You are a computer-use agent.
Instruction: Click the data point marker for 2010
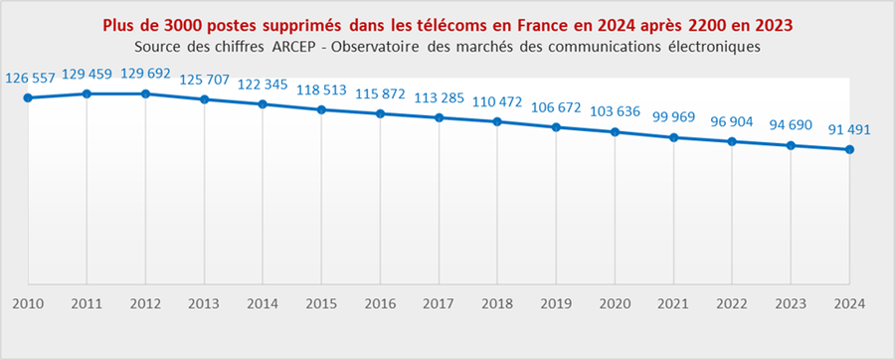[28, 97]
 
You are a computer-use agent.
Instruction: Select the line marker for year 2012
[145, 93]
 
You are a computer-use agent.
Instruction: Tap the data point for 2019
[557, 127]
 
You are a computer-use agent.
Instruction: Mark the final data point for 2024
[849, 150]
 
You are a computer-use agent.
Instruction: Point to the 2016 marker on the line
[381, 114]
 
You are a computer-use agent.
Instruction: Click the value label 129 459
[88, 74]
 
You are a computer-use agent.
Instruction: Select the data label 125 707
[205, 80]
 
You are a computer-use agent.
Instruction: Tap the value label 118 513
[322, 90]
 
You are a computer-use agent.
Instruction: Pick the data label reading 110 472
[498, 101]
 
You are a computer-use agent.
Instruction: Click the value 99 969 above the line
[674, 117]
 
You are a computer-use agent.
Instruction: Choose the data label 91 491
[850, 129]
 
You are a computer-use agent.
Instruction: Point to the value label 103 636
[616, 111]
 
